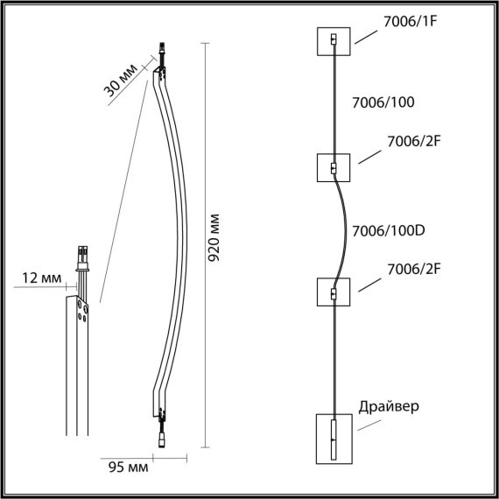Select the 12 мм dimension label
point(40,278)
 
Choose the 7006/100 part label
point(382,102)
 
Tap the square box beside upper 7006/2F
point(334,167)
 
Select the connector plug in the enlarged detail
point(85,257)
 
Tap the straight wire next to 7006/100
point(334,102)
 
